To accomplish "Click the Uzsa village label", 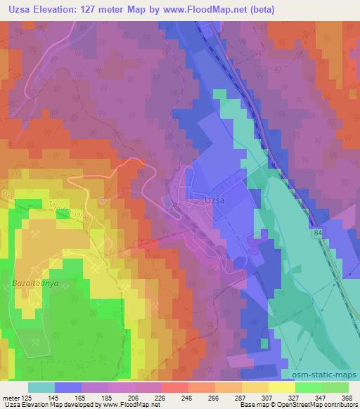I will click(x=214, y=200).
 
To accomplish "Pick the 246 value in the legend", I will click(x=187, y=397).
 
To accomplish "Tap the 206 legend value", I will click(x=134, y=397).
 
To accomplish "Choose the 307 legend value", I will click(x=267, y=397).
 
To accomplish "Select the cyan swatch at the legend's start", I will click(x=41, y=387).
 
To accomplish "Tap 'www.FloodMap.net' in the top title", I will click(x=207, y=10).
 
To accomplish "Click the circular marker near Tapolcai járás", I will click(x=103, y=200).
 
